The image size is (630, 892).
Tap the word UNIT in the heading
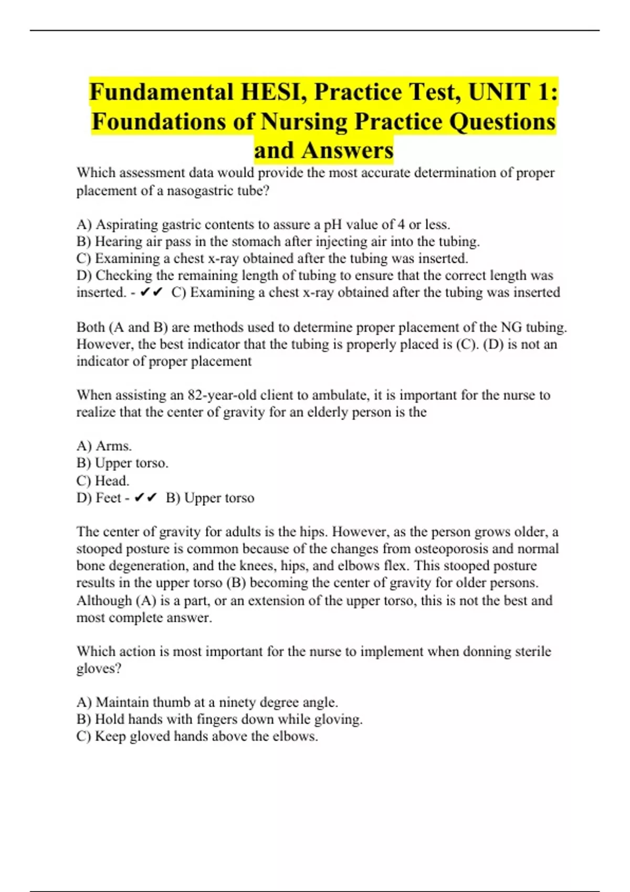point(499,92)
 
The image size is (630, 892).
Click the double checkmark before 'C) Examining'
point(152,293)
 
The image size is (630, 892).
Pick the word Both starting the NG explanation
point(90,327)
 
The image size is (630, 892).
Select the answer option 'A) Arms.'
point(104,446)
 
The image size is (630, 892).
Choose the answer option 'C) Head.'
point(103,481)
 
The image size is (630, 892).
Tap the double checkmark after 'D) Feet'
point(145,498)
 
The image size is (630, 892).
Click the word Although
point(104,600)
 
